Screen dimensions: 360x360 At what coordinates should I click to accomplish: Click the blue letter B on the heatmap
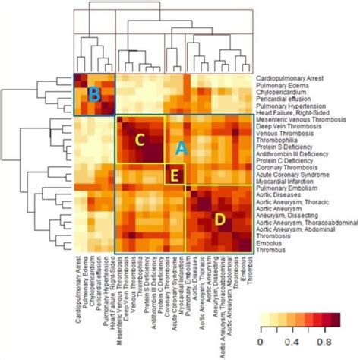click(x=95, y=95)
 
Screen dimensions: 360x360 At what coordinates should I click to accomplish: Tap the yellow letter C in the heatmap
click(x=139, y=140)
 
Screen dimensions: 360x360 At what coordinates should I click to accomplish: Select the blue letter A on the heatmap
click(x=178, y=149)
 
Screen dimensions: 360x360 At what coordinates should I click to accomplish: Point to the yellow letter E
click(x=175, y=175)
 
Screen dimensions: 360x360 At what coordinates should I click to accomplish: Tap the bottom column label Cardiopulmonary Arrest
click(x=79, y=292)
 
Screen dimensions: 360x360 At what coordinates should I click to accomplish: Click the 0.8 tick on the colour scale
click(x=330, y=343)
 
